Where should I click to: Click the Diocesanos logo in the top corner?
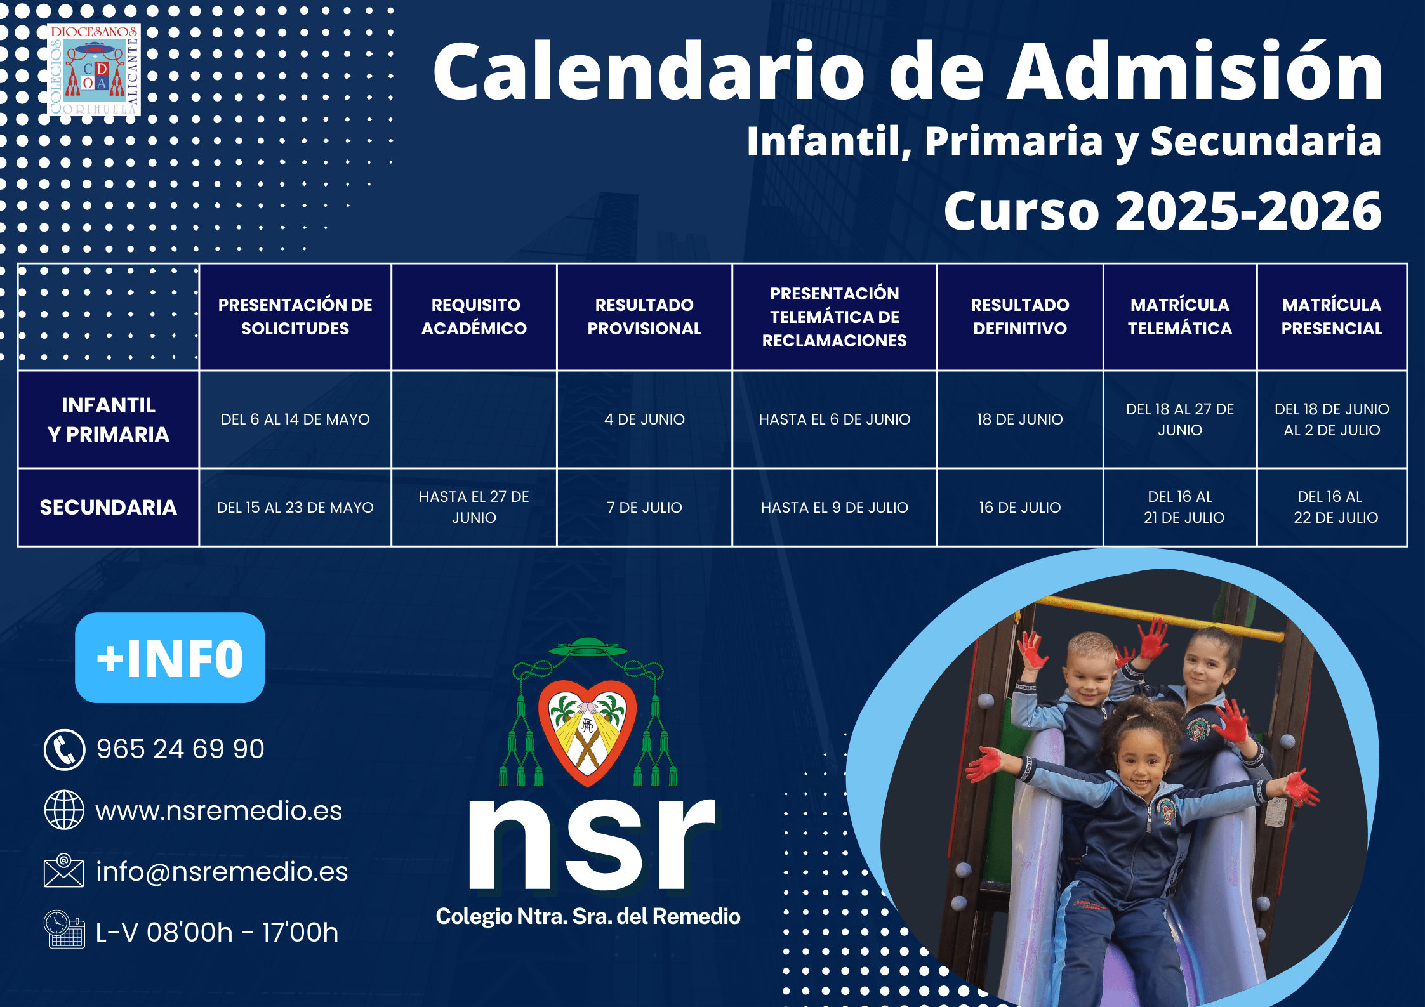[x=94, y=70]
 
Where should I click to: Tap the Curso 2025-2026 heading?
[x=1162, y=211]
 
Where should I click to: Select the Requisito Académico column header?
[x=474, y=317]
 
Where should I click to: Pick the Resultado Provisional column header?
[x=644, y=317]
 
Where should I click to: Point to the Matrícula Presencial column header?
[x=1332, y=317]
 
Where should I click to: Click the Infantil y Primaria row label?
[x=109, y=419]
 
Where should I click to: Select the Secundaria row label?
[x=109, y=508]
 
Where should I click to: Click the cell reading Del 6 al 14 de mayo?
[x=295, y=419]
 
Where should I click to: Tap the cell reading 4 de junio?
[x=644, y=419]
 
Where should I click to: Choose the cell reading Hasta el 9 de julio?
[x=835, y=508]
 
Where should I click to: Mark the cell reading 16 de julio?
[x=1020, y=508]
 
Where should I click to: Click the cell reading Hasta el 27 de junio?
[x=474, y=507]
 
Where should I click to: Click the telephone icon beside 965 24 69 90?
[x=64, y=749]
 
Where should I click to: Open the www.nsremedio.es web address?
[x=219, y=811]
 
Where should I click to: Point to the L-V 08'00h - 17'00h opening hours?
[x=217, y=933]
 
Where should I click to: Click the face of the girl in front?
[x=1141, y=764]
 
